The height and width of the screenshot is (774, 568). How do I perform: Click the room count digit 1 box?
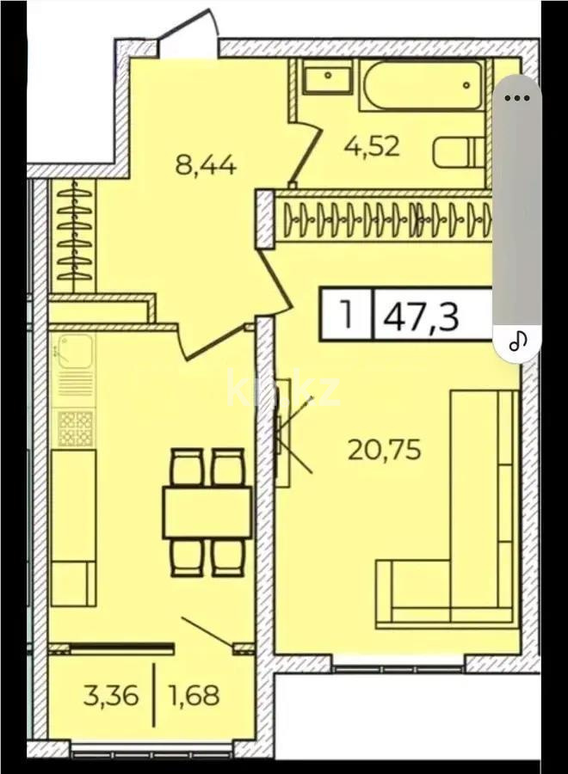[347, 315]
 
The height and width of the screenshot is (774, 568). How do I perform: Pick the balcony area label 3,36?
[111, 695]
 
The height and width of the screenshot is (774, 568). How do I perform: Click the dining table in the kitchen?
[207, 513]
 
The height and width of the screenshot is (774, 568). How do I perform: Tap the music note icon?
[517, 341]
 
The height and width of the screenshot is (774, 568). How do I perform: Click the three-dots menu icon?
[516, 97]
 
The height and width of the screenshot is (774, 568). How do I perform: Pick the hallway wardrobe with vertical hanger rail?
[75, 236]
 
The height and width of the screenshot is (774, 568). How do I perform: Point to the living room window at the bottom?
[398, 664]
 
